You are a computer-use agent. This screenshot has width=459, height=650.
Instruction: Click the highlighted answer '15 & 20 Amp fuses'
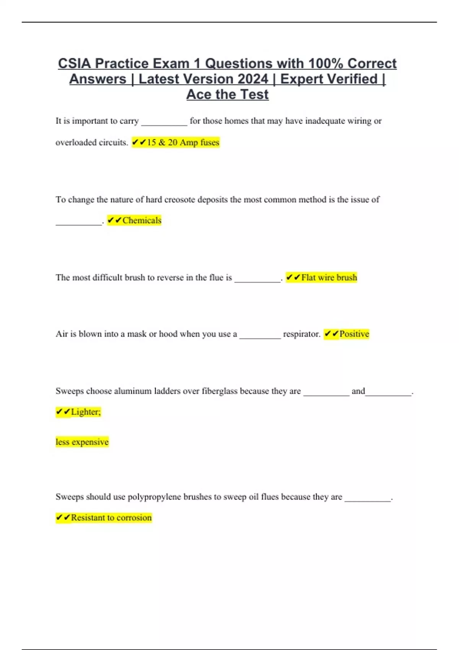coord(183,143)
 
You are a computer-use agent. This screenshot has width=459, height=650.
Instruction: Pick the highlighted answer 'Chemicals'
coord(142,221)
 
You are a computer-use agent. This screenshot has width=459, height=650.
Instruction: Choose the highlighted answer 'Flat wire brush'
coord(329,278)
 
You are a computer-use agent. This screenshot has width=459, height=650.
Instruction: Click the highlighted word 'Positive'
coord(354,334)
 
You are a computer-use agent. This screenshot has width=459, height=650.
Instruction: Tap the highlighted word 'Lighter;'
coord(86,412)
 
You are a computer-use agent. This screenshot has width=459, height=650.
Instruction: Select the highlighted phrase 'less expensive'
coord(82,442)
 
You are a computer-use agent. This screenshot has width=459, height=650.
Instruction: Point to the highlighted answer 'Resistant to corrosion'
coord(111,518)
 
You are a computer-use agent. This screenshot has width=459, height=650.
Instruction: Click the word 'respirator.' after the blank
coord(301,334)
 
